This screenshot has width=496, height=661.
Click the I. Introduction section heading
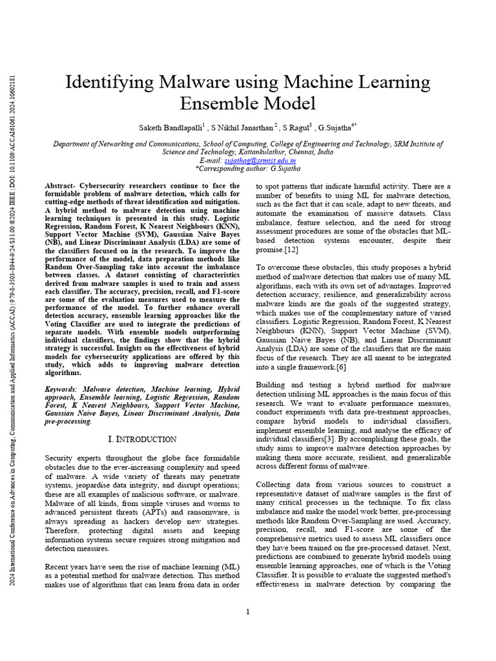[x=141, y=440]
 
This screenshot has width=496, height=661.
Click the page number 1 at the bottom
[x=248, y=612]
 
